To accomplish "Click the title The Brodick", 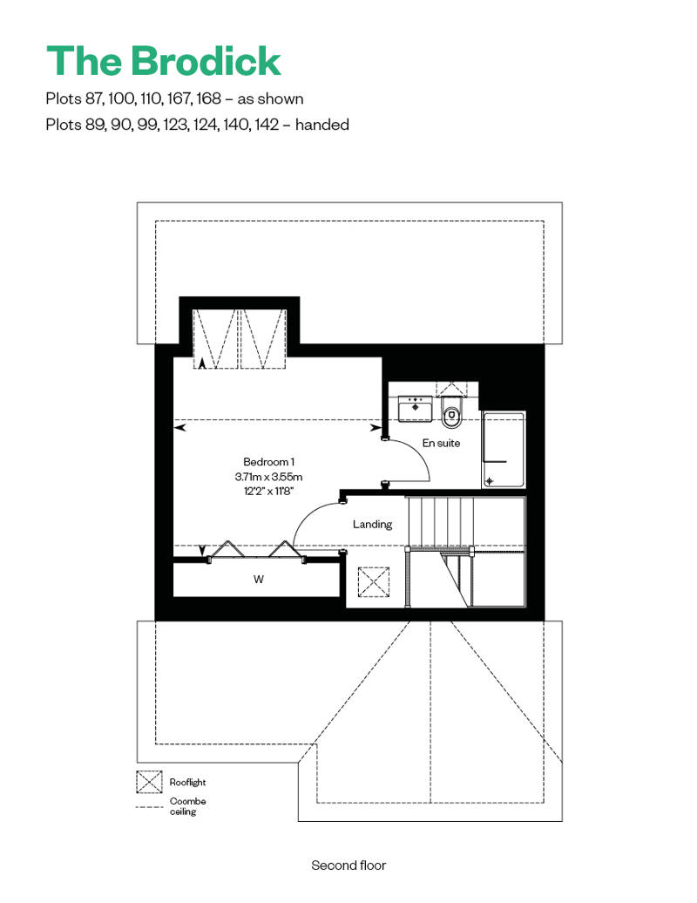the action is pos(164,61).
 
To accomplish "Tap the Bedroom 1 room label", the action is pos(269,462).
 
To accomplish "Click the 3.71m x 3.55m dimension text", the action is pos(269,477).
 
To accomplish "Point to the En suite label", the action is pos(441,443).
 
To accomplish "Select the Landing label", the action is pos(372,524).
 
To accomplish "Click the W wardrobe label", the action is pos(259,580).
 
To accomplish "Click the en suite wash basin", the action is pos(415,408).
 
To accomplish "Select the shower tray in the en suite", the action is pos(504,450).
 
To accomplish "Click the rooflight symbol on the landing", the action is pos(374,583).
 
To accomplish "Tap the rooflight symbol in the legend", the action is pos(149,782).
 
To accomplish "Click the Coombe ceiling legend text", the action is pos(187,806).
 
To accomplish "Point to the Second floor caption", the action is pos(348,865).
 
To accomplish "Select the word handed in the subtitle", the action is pos(321,125).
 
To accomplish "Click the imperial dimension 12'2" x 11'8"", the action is pos(269,492).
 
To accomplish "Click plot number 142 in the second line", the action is pos(267,125).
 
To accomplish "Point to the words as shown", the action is pos(270,99).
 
